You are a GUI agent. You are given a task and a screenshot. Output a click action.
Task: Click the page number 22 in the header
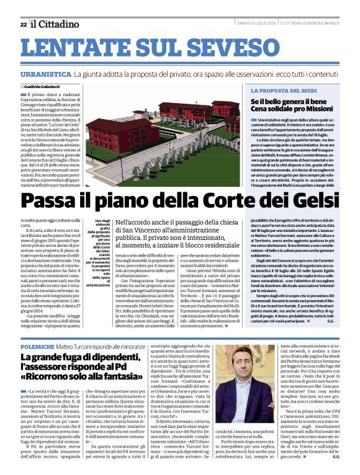(x=24, y=24)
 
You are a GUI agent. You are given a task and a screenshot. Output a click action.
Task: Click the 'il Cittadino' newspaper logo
(x=56, y=24)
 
